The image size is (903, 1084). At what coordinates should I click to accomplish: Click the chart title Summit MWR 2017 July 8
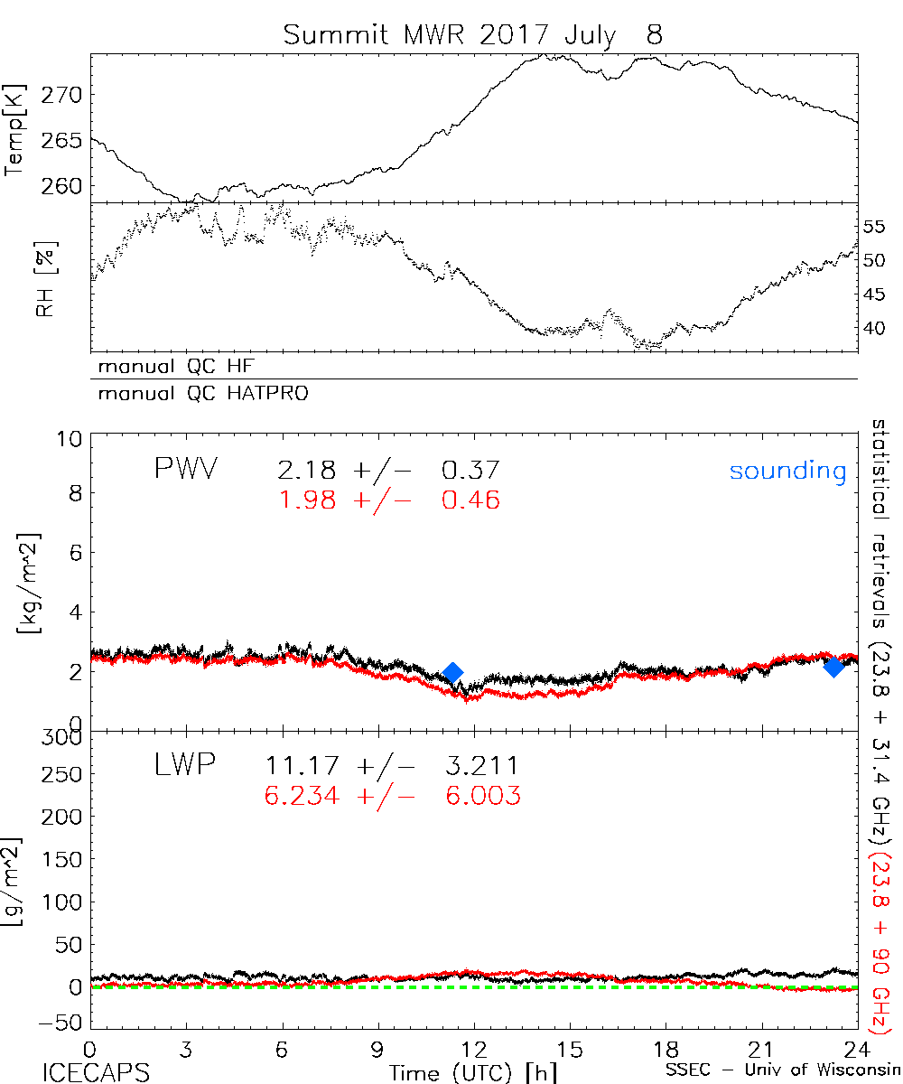[x=472, y=34]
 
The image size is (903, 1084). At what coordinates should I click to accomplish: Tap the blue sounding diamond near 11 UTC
[x=453, y=672]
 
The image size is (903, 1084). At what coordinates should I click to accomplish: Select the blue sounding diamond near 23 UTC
[x=833, y=667]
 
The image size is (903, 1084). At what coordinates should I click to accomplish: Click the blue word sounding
[x=787, y=471]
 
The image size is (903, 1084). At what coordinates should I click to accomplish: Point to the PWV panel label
[x=189, y=470]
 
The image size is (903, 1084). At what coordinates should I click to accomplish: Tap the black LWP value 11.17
[x=303, y=766]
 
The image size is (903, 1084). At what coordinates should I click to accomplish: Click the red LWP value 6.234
[x=303, y=796]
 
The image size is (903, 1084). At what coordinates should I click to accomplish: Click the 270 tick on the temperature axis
[x=69, y=95]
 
